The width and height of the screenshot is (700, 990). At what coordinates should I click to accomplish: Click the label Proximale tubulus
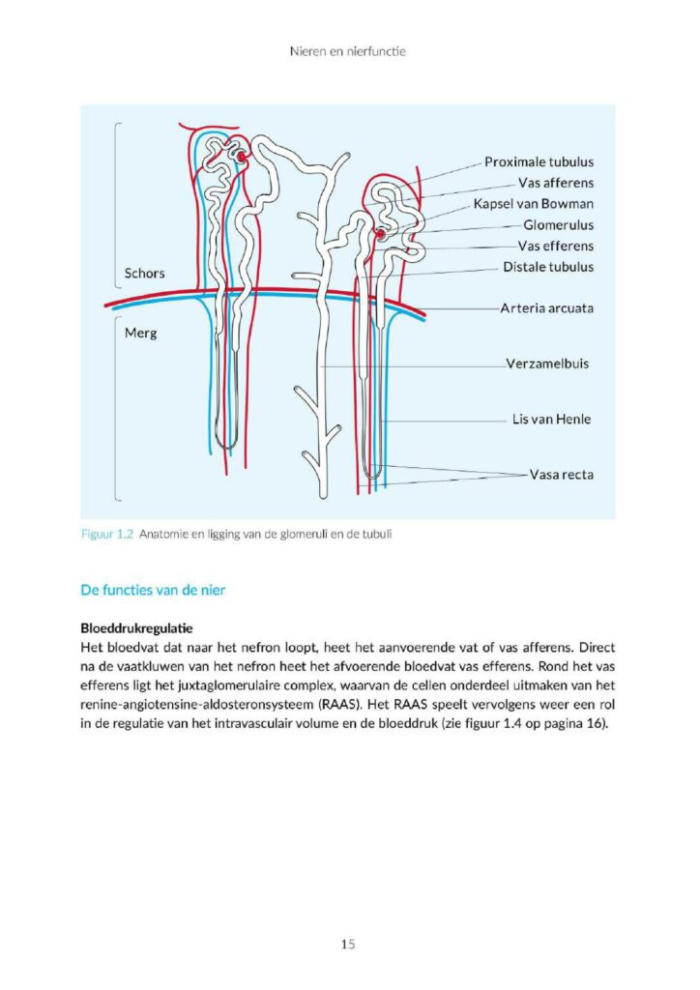[539, 162]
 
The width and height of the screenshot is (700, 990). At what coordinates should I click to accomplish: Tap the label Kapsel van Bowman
[533, 204]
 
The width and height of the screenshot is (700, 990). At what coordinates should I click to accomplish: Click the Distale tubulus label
[548, 267]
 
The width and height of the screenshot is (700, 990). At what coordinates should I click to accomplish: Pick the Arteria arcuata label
[546, 308]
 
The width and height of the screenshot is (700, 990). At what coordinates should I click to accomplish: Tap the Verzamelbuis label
[547, 364]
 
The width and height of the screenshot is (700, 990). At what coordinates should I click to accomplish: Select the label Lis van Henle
[551, 420]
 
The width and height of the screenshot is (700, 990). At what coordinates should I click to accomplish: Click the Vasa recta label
[561, 475]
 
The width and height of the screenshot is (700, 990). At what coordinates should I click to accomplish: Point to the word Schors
[145, 273]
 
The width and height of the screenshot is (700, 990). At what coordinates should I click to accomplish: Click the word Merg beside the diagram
[140, 332]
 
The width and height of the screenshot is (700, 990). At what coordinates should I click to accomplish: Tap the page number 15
[349, 944]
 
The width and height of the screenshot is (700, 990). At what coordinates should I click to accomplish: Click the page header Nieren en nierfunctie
[349, 50]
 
